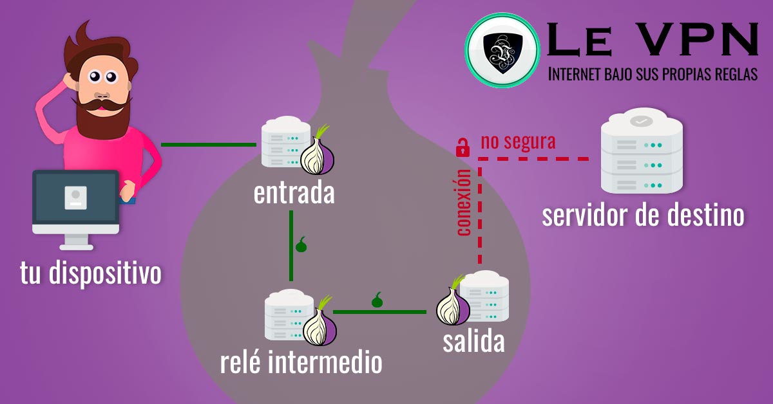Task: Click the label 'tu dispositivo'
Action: (x=90, y=273)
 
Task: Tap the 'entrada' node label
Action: (x=294, y=193)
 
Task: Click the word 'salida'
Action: (x=473, y=342)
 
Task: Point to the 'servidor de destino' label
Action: (x=643, y=216)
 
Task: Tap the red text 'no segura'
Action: (x=517, y=142)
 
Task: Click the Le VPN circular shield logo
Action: (x=502, y=50)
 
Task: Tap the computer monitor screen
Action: (x=76, y=196)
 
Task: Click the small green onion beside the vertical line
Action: (x=301, y=244)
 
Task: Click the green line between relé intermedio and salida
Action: (x=379, y=312)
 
